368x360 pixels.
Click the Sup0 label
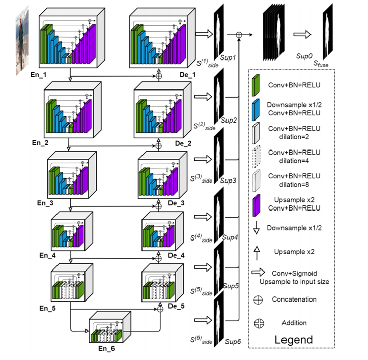tap(303, 57)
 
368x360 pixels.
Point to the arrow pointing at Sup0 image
tap(302, 34)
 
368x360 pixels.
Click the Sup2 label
tap(229, 121)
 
